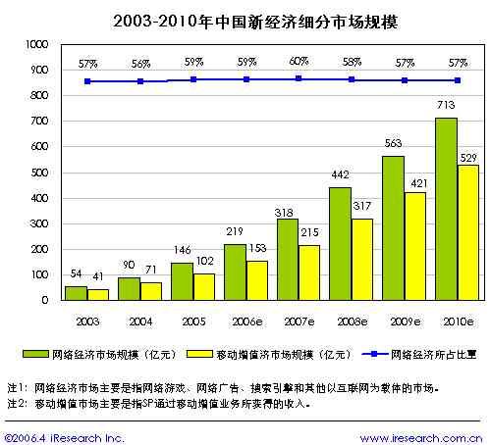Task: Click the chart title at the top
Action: point(245,19)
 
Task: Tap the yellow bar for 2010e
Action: point(467,232)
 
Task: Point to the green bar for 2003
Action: point(76,293)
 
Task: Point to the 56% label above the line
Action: point(139,63)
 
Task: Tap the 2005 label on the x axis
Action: point(192,320)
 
